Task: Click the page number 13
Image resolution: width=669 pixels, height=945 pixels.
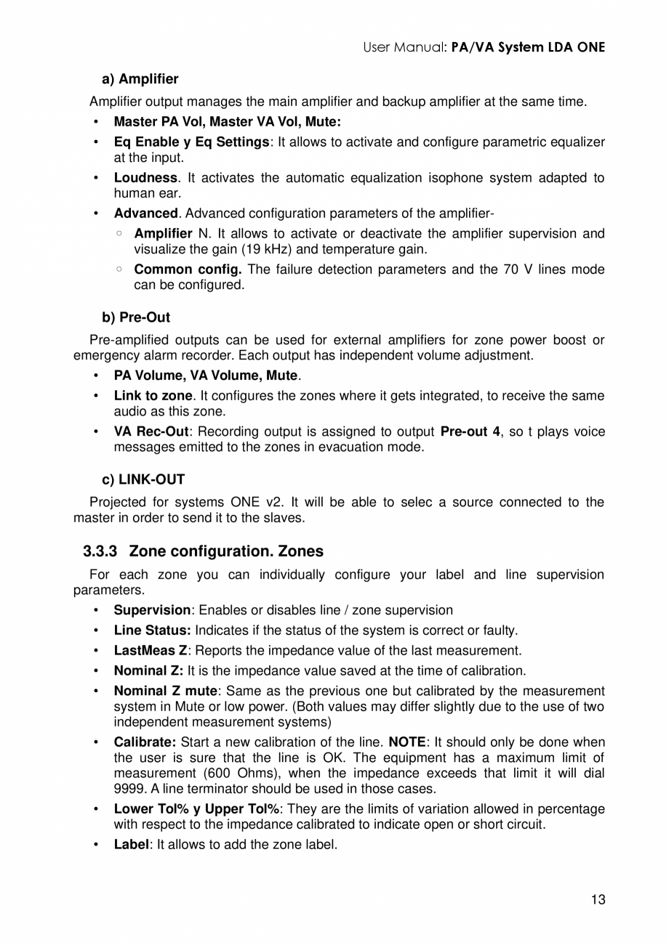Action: click(x=598, y=900)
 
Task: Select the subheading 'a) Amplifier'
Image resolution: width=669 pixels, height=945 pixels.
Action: click(x=140, y=78)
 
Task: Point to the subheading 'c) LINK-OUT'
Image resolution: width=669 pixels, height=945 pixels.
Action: click(x=143, y=479)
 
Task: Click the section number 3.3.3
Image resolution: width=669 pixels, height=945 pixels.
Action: click(x=100, y=551)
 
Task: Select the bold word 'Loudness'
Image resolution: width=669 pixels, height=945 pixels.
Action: click(x=145, y=178)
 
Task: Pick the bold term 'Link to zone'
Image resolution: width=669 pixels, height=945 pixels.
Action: click(x=153, y=396)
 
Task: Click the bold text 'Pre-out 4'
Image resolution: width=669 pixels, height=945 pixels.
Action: click(x=470, y=431)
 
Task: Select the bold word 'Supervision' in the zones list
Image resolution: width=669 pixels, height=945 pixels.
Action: click(x=152, y=610)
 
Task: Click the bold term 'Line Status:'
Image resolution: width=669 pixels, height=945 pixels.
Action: click(x=152, y=630)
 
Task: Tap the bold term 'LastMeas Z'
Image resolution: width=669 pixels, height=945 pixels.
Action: click(x=150, y=651)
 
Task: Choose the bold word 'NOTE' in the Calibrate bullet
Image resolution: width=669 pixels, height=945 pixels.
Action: click(x=407, y=742)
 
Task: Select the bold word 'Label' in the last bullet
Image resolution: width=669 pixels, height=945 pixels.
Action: click(x=131, y=845)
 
